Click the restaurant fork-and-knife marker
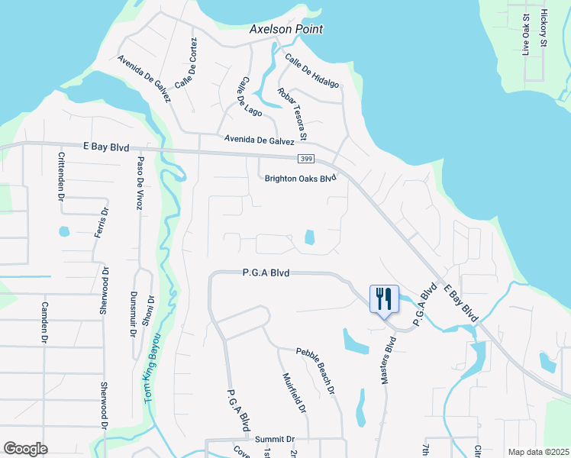[384, 298]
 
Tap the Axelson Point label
[286, 29]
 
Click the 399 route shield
[305, 158]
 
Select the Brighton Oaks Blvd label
[300, 179]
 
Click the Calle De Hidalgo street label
[311, 70]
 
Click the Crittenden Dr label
[62, 176]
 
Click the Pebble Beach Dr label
[316, 372]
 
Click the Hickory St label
[544, 29]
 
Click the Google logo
[26, 448]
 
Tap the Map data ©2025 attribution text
[538, 452]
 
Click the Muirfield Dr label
[294, 392]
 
